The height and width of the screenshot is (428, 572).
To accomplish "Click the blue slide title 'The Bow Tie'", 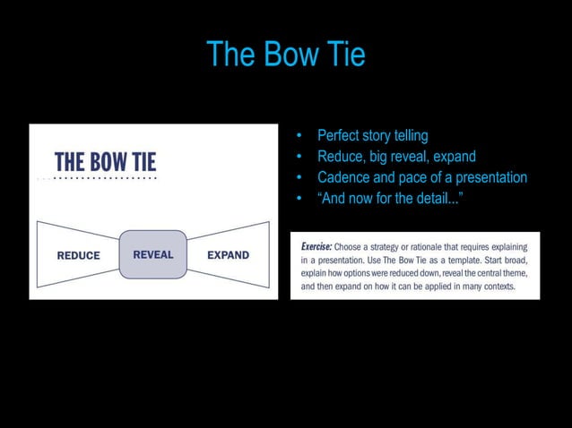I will click(x=285, y=55).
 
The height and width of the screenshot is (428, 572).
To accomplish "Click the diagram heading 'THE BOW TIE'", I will click(x=105, y=162).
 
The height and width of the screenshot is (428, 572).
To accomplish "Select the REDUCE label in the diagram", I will click(x=79, y=255).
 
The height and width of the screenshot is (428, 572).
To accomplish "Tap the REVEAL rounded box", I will click(x=153, y=254).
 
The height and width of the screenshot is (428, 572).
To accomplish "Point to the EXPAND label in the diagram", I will click(x=228, y=255).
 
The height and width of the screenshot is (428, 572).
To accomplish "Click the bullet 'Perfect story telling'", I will click(x=372, y=136).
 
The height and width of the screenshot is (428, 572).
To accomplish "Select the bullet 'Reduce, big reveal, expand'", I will click(x=396, y=157).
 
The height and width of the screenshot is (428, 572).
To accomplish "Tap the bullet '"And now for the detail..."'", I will click(x=390, y=198).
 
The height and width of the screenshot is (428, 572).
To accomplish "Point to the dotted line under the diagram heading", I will click(x=98, y=179).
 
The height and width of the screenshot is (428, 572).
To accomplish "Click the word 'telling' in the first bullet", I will click(x=406, y=136).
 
